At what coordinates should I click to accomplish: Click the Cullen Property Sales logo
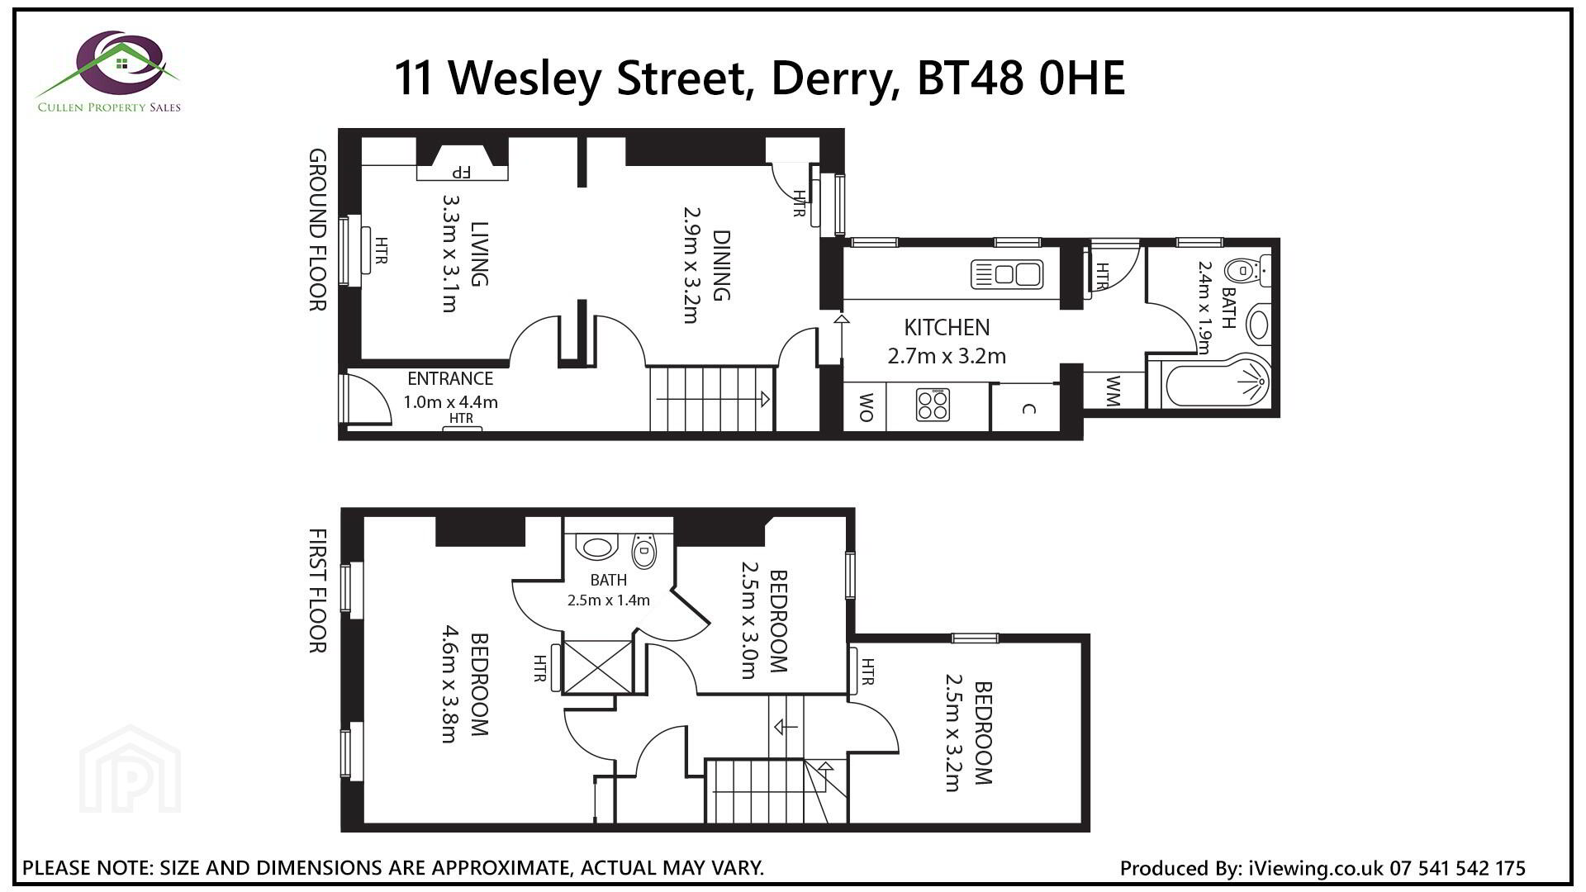[x=109, y=72]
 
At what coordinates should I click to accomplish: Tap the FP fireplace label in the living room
[x=461, y=173]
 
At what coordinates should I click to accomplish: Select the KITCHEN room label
[x=947, y=328]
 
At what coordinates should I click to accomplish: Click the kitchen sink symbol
[x=1007, y=273]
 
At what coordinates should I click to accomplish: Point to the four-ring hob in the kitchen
[x=933, y=405]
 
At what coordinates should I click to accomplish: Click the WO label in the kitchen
[x=866, y=407]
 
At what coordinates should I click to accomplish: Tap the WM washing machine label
[x=1112, y=391]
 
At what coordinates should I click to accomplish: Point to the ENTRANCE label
[x=450, y=379]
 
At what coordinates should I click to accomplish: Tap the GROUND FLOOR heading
[x=318, y=230]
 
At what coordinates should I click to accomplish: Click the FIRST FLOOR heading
[x=318, y=591]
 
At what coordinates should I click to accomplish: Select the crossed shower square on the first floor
[x=596, y=667]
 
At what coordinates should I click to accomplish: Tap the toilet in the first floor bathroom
[x=643, y=551]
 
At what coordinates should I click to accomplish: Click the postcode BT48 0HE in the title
[x=1021, y=78]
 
